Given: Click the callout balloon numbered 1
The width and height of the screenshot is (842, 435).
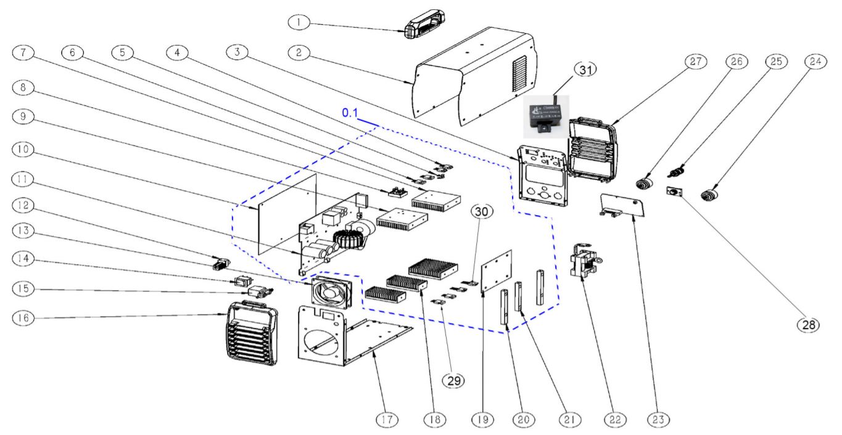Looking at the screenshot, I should coord(300,22).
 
